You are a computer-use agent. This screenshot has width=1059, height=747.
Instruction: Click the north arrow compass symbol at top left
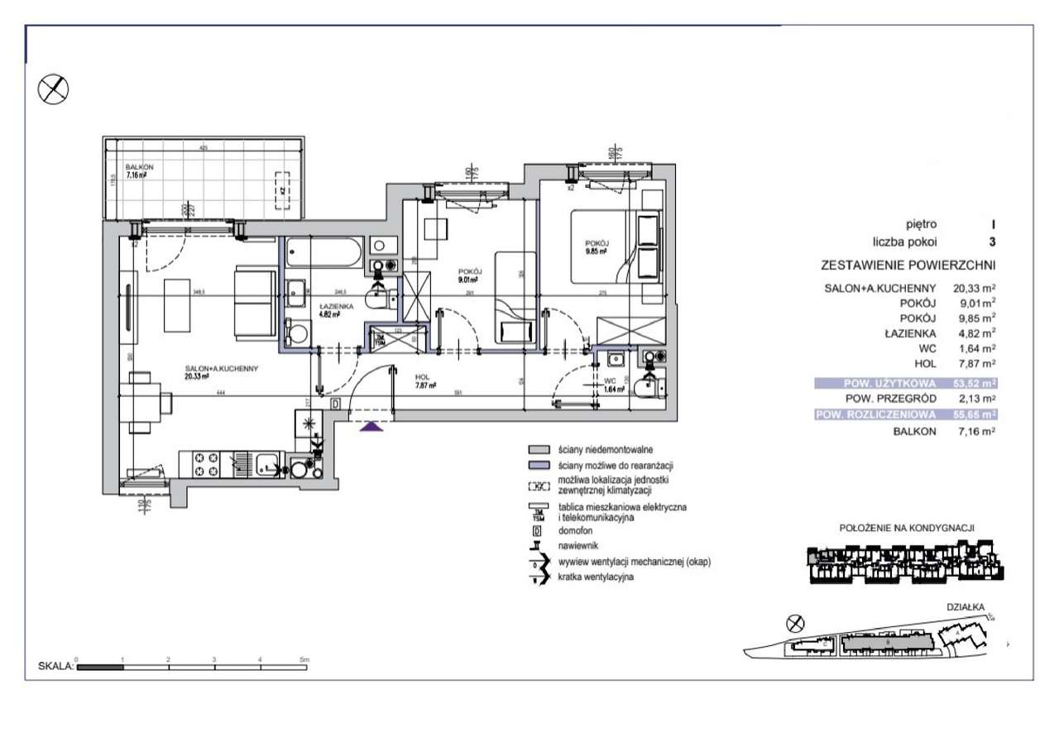[54, 89]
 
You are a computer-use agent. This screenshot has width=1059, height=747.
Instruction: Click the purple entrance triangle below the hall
[371, 425]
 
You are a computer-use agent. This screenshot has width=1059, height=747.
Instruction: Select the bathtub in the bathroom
[323, 253]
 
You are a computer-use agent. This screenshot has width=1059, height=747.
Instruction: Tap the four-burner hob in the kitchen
[205, 464]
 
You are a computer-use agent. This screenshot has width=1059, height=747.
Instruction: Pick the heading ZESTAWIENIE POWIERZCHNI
[908, 266]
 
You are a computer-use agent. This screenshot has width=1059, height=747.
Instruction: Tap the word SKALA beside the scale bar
[56, 665]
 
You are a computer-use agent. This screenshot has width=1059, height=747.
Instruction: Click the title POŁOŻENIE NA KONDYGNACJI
[908, 527]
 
